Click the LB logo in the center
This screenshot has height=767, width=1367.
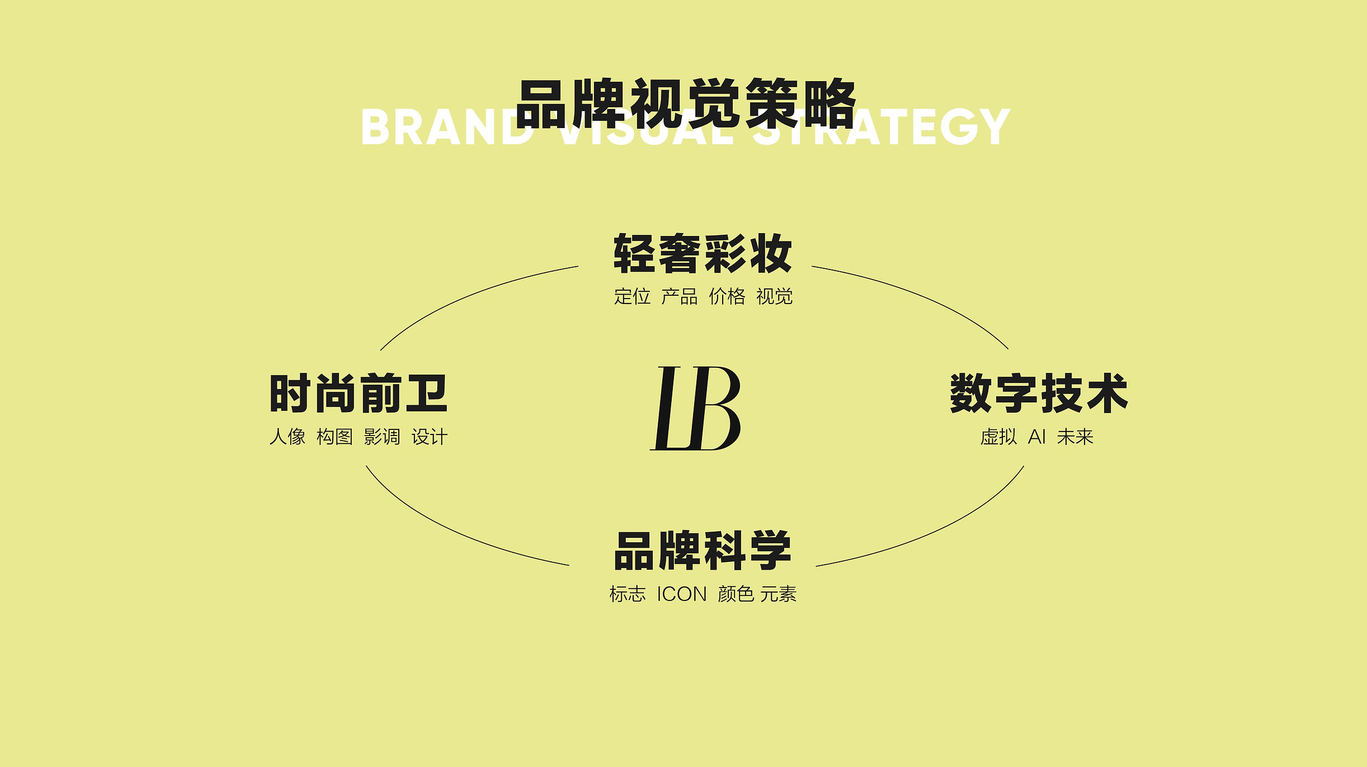(695, 408)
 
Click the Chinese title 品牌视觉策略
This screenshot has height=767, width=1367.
(686, 104)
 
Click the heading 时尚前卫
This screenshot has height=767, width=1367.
(359, 394)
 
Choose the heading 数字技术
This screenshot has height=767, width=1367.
(1039, 394)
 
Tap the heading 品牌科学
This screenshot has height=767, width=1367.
(703, 551)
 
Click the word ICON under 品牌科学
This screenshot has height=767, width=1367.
(682, 594)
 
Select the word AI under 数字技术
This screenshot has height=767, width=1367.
(1037, 437)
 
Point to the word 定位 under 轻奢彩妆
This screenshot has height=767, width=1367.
(633, 296)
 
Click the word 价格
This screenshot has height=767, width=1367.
(727, 296)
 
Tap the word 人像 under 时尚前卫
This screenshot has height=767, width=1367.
(287, 437)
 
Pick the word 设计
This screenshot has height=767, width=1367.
(430, 437)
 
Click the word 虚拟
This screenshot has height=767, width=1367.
(999, 437)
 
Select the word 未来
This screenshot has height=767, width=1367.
(1075, 437)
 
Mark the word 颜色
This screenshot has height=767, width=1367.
(736, 594)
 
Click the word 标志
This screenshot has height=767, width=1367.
(628, 594)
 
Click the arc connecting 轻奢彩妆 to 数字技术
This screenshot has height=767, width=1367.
(923, 296)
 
